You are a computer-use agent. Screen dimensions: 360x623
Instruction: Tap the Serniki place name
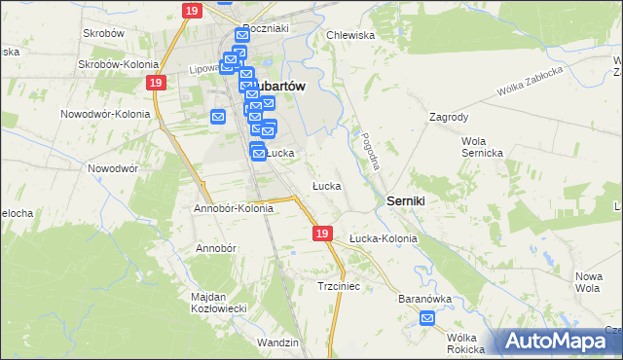(x=412, y=198)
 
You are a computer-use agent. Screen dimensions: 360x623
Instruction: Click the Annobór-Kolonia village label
(x=234, y=208)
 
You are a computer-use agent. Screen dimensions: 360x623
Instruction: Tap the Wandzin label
(x=277, y=342)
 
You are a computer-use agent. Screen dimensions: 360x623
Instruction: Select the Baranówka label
(x=421, y=299)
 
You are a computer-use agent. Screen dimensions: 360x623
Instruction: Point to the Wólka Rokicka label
(x=465, y=342)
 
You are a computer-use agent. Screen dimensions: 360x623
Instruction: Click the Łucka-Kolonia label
(x=383, y=238)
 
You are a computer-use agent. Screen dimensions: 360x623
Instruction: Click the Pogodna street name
(x=369, y=151)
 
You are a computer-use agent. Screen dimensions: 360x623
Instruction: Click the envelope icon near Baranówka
(x=427, y=317)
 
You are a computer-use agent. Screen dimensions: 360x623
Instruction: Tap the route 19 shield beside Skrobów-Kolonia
(x=157, y=84)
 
